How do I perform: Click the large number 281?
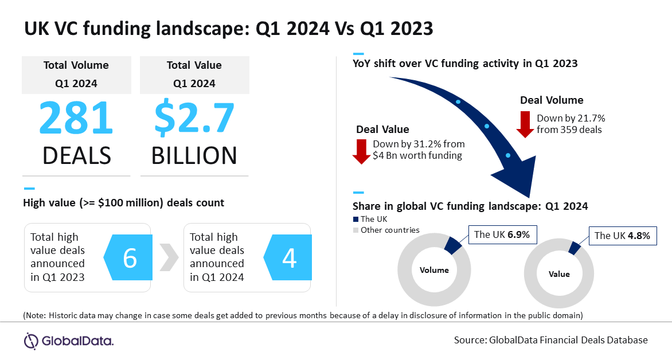click(x=76, y=118)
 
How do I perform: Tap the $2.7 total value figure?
click(x=194, y=118)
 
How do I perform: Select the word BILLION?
click(x=194, y=155)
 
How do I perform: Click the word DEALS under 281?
click(x=76, y=155)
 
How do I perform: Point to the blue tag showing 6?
click(x=127, y=259)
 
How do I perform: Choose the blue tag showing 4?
click(x=287, y=259)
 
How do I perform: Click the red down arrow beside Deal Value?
click(x=361, y=150)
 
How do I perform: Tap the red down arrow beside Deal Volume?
click(x=525, y=124)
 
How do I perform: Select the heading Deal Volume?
click(x=552, y=100)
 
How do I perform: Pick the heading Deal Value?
click(x=382, y=130)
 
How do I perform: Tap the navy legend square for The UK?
click(x=355, y=219)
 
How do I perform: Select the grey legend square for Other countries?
click(x=355, y=230)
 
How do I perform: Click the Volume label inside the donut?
click(x=434, y=270)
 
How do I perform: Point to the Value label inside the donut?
click(x=558, y=274)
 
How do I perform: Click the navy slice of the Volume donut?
click(x=453, y=245)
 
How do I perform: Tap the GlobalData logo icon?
click(x=31, y=341)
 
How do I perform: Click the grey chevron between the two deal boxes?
click(x=167, y=259)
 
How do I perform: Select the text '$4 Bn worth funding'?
click(x=417, y=155)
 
